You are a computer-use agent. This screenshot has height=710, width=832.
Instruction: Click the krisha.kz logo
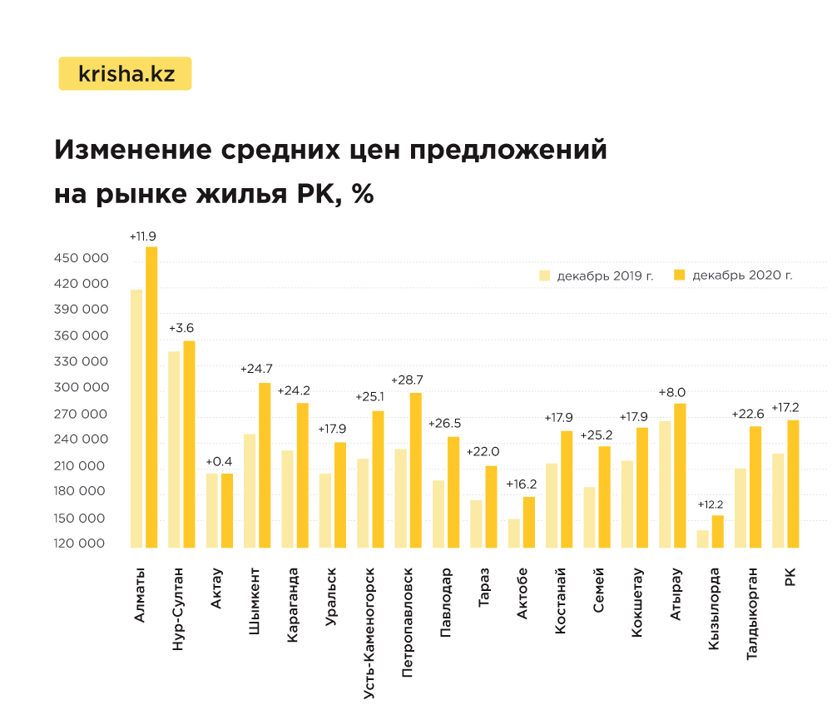125,73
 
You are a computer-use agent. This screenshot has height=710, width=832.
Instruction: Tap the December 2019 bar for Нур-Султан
174,449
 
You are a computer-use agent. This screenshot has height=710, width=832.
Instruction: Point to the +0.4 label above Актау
219,461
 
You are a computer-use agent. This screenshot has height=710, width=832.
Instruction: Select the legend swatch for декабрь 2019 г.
545,276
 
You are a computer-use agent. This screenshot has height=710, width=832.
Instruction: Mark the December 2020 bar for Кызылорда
717,532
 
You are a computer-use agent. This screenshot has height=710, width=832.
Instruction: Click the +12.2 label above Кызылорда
711,504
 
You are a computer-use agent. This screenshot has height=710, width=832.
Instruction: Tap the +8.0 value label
671,392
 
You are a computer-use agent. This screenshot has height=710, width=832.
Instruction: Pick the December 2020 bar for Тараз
491,507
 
